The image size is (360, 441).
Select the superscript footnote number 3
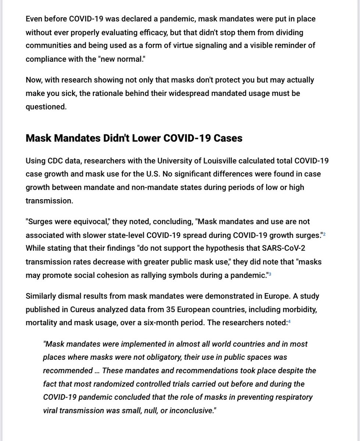[x=270, y=273]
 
